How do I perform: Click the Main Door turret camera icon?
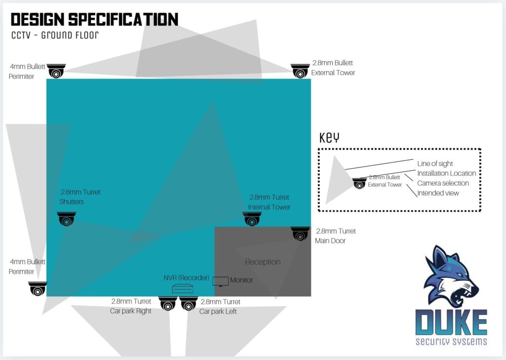(300, 234)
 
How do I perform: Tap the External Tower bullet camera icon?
(300, 71)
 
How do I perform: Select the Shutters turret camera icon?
(67, 219)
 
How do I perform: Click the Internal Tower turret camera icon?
(252, 219)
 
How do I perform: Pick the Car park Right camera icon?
(168, 304)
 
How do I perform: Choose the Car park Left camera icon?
(189, 304)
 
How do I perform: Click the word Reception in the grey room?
(262, 262)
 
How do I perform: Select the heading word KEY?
(329, 137)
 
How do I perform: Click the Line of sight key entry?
(435, 164)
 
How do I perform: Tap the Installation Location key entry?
(446, 174)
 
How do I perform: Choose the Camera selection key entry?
(443, 183)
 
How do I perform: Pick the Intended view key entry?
(438, 193)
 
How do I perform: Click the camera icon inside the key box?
(359, 183)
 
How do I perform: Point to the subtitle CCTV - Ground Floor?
(55, 35)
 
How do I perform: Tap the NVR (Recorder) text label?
(186, 278)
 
